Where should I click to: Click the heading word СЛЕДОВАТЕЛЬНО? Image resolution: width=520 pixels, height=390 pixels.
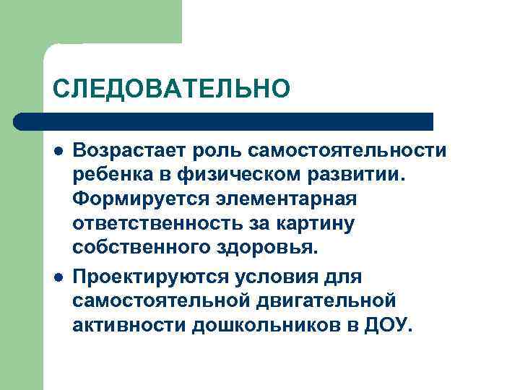point(170,88)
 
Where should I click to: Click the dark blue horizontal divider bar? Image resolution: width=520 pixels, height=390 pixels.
point(224,121)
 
